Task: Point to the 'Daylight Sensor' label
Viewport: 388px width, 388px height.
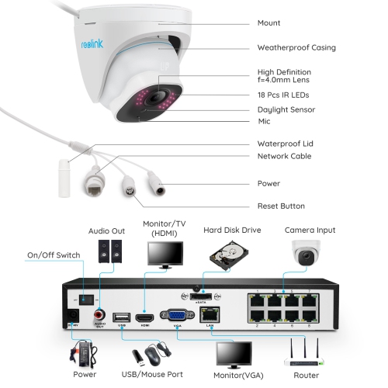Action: [x=285, y=109]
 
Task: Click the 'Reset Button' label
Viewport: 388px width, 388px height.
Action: [x=281, y=206]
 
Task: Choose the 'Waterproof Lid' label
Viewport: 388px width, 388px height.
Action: [x=286, y=144]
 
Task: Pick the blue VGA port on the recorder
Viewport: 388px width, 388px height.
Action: [x=172, y=315]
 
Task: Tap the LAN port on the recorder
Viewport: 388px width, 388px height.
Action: [x=210, y=314]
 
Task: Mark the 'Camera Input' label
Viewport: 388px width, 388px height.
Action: [x=310, y=230]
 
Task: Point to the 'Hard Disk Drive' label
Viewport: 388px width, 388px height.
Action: [x=232, y=230]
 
